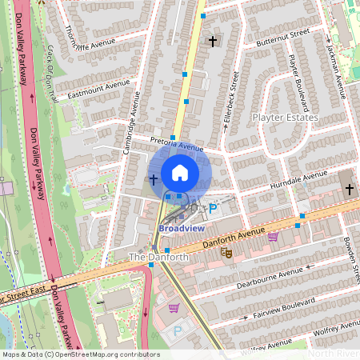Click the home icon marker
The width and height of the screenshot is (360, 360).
tap(180, 172)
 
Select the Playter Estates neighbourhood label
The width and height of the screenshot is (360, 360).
tap(285, 118)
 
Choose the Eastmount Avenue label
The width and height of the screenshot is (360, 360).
tap(98, 88)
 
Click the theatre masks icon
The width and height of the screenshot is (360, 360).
tap(227, 251)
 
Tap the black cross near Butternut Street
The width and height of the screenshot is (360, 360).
tap(213, 40)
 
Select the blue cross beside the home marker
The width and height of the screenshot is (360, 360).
tap(153, 178)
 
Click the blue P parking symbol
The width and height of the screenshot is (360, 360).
tap(213, 210)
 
